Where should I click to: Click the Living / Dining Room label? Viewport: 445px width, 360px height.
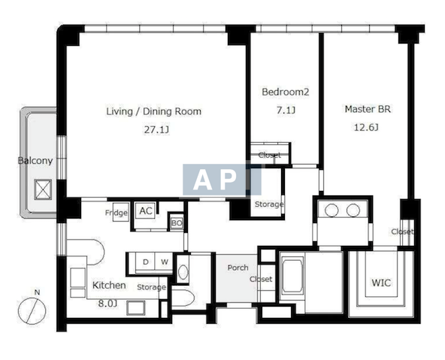(154, 111)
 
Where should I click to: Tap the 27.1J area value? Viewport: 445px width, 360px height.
(156, 130)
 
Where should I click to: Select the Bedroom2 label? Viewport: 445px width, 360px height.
(285, 92)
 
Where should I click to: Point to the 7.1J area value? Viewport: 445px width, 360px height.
(286, 110)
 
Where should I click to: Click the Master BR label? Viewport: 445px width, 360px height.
(368, 109)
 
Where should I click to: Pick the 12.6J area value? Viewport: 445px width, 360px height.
(366, 127)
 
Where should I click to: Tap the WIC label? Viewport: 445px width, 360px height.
(381, 283)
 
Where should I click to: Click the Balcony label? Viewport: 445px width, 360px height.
(35, 161)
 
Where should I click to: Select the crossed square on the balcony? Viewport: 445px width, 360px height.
(43, 189)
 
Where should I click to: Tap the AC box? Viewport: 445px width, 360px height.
(146, 210)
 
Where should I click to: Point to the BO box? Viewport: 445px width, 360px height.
(176, 223)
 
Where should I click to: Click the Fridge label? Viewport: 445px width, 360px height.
(117, 213)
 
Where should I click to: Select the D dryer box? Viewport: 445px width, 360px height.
(145, 262)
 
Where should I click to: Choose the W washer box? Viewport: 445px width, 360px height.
(165, 262)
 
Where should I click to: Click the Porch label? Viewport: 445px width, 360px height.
(238, 268)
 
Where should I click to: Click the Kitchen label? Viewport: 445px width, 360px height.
(109, 286)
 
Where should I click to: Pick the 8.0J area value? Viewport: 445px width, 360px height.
(107, 304)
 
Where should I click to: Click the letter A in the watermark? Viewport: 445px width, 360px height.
(203, 180)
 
